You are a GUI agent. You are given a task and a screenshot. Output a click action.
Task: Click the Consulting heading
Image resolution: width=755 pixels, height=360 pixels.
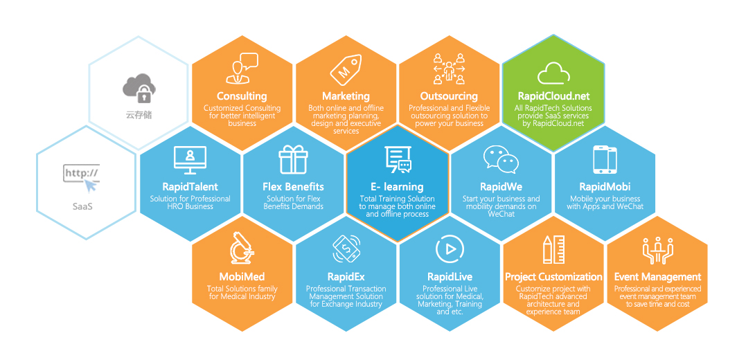242,96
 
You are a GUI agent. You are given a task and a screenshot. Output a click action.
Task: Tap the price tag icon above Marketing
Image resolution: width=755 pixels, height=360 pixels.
346,70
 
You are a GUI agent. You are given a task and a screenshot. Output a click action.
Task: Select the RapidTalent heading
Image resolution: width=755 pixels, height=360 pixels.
190,186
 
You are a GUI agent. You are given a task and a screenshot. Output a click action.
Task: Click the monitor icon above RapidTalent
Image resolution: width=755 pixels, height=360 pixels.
190,160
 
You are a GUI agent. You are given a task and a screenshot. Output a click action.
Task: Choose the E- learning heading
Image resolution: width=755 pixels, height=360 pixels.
398,186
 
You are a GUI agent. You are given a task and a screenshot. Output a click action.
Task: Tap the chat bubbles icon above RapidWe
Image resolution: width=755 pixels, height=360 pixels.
501,159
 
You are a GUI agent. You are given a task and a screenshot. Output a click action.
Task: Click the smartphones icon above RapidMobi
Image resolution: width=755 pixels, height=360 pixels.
605,159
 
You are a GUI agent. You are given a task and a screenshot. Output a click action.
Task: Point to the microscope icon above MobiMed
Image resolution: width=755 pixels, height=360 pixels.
242,248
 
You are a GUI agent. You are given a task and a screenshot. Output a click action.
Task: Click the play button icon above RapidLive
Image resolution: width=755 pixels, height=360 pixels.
450,249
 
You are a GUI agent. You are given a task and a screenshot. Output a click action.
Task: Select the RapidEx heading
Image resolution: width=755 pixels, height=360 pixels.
346,277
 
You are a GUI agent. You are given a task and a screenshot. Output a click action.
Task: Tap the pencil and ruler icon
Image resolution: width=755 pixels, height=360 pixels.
554,249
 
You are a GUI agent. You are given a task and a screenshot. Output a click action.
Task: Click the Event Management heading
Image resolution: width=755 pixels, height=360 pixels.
658,277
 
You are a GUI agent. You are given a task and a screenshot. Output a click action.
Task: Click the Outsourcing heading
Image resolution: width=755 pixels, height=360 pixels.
449,96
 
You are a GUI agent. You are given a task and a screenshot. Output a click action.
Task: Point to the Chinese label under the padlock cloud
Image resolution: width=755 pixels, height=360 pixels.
139,115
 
